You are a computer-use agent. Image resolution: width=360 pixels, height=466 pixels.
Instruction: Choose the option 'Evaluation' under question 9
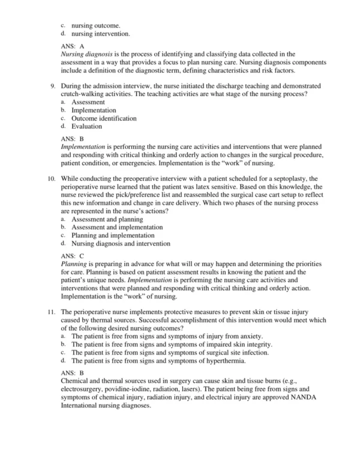point(86,127)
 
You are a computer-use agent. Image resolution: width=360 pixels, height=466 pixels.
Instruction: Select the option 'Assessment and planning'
point(103,220)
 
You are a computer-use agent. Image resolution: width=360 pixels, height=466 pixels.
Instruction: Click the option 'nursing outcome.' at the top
point(95,26)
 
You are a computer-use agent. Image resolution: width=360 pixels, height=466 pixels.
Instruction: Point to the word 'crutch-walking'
point(83,95)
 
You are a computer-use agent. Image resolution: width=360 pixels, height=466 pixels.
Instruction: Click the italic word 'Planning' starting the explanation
point(74,264)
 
